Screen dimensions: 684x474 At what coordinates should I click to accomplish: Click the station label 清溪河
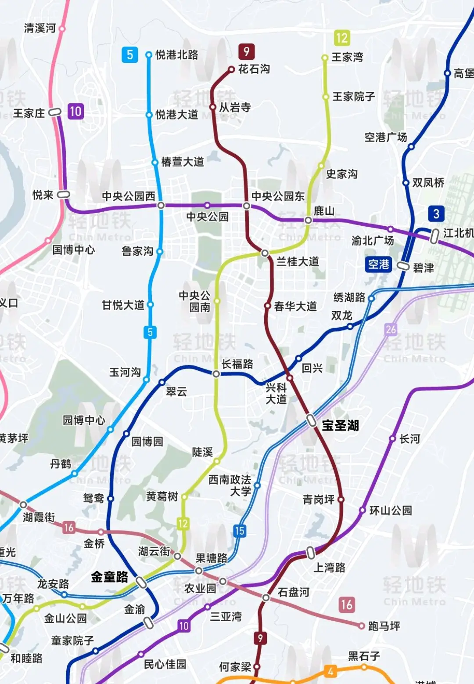(39, 29)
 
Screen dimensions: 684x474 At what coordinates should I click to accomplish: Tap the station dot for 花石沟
(231, 69)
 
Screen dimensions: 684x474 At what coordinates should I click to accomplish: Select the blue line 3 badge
(436, 214)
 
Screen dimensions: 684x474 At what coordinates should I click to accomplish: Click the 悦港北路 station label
(176, 55)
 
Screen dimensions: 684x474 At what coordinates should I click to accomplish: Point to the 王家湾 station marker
(325, 58)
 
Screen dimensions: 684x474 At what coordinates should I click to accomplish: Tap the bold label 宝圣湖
(340, 425)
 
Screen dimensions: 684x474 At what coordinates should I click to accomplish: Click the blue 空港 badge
(378, 264)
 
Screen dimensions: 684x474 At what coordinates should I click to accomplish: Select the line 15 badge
(239, 531)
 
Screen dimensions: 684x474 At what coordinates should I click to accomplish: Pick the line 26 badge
(391, 329)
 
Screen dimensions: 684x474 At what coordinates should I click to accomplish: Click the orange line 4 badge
(330, 671)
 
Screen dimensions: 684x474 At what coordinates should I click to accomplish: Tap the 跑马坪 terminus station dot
(361, 626)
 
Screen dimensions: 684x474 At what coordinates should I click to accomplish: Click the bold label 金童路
(109, 577)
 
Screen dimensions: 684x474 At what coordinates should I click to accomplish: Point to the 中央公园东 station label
(278, 196)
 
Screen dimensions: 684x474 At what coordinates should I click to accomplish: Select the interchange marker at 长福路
(216, 374)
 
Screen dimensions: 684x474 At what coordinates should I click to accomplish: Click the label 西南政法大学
(230, 485)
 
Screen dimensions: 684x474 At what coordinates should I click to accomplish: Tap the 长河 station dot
(392, 438)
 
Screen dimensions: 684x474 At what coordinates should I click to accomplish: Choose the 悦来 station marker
(64, 194)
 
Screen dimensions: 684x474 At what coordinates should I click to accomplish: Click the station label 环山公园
(391, 510)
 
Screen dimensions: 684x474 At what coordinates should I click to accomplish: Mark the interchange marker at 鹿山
(308, 220)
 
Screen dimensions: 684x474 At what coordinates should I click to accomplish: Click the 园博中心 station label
(84, 420)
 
